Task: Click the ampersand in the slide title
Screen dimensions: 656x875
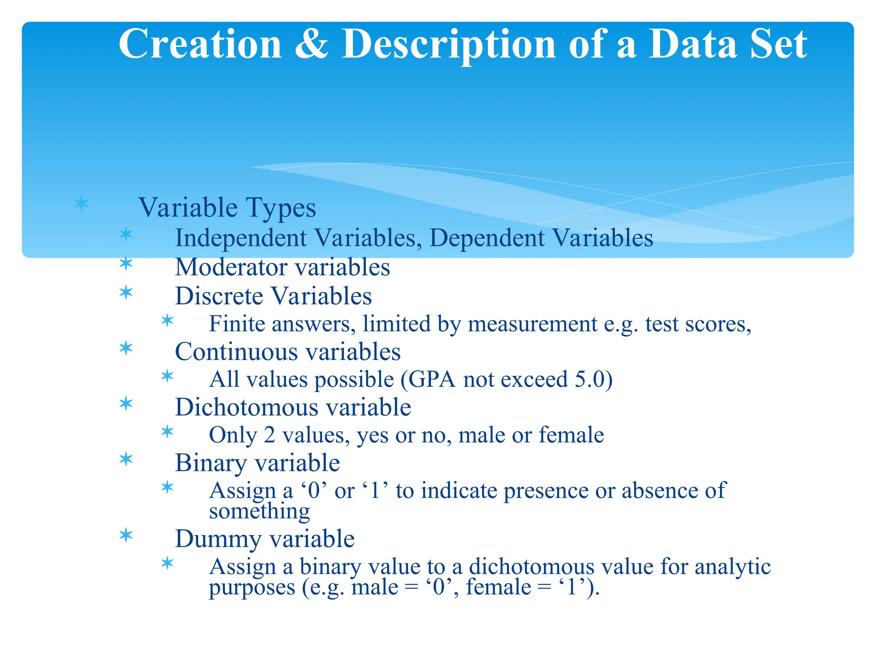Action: [311, 44]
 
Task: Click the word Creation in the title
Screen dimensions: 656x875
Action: [200, 44]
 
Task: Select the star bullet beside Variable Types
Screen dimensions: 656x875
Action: [81, 204]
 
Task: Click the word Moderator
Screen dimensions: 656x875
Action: [231, 267]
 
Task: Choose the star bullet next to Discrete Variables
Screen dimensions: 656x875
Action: [126, 293]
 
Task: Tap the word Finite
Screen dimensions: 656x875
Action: [237, 324]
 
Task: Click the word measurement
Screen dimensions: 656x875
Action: [532, 324]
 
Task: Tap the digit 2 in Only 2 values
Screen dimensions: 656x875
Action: [269, 435]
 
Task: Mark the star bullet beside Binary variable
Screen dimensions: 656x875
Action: [126, 460]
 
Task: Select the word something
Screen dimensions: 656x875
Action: [259, 511]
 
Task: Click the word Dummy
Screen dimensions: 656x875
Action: [218, 539]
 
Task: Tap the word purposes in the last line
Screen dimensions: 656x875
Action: [252, 587]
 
